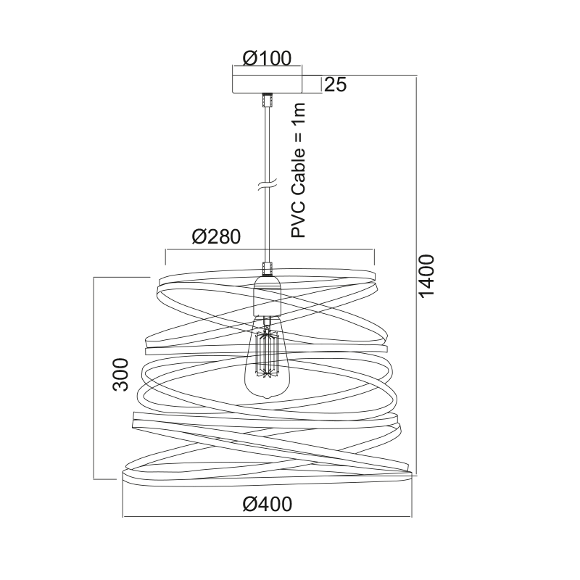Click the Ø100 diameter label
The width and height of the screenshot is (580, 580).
pyautogui.click(x=268, y=57)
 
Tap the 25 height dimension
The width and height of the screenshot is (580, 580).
pyautogui.click(x=335, y=84)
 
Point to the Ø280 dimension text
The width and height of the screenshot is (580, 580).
pyautogui.click(x=216, y=237)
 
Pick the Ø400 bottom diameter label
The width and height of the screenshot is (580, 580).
pyautogui.click(x=268, y=503)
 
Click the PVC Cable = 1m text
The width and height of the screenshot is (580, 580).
pyautogui.click(x=299, y=170)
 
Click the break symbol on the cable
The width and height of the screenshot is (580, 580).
pyautogui.click(x=268, y=186)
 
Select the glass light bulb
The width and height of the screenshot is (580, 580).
pyautogui.click(x=266, y=362)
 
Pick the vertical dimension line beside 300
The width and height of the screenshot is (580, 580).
pyautogui.click(x=95, y=377)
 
